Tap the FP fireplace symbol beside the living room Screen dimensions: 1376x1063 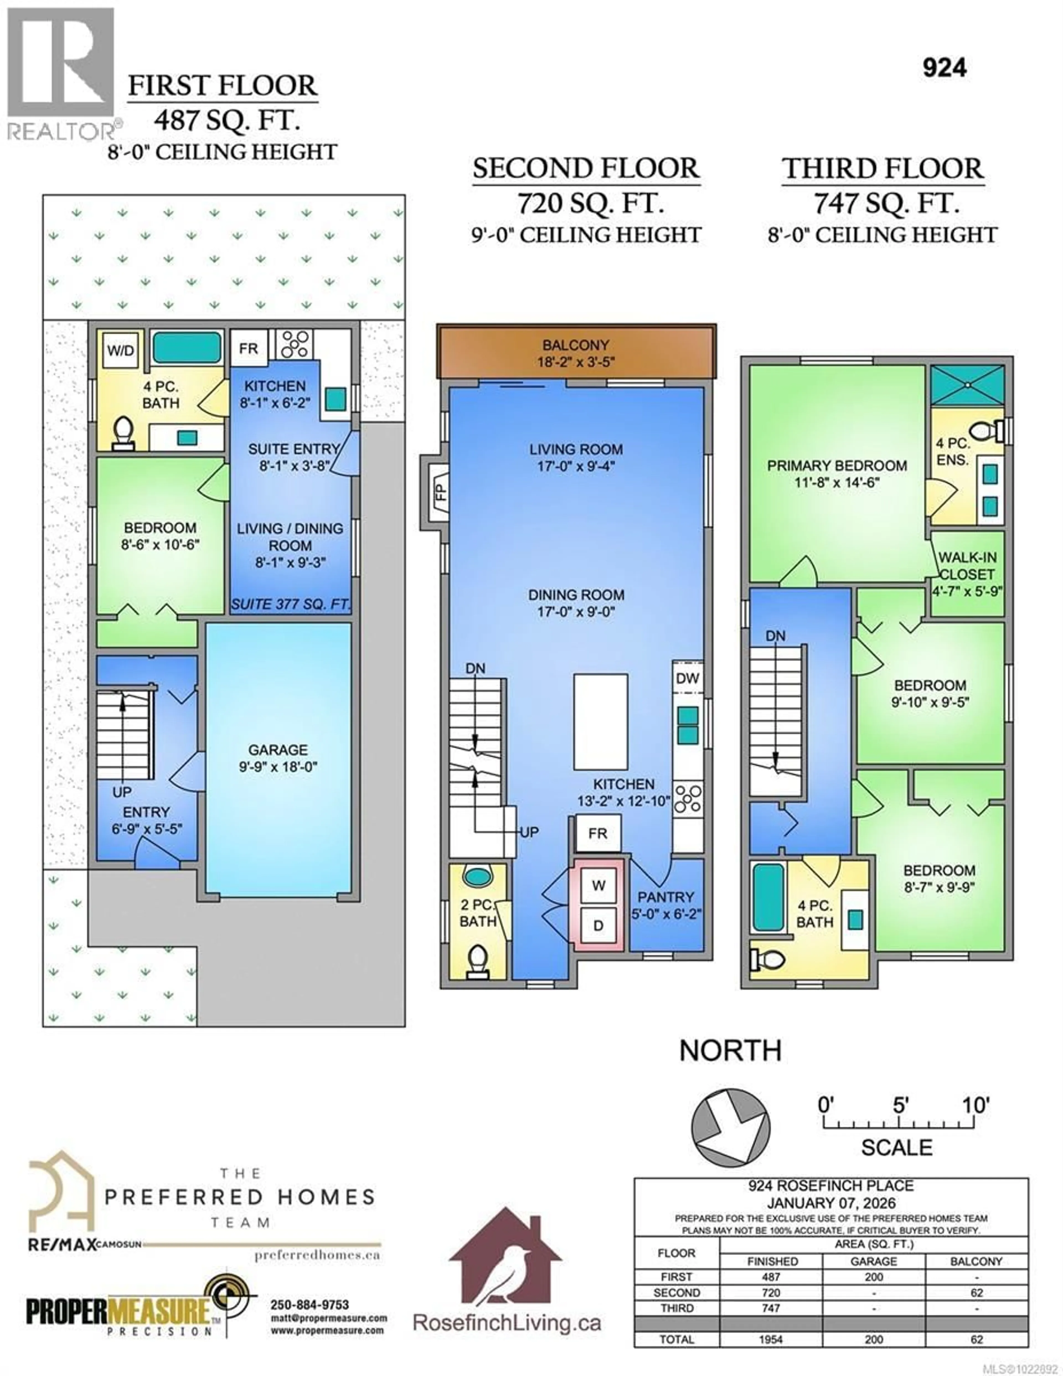[x=440, y=490]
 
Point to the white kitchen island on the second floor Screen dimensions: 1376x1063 [x=600, y=721]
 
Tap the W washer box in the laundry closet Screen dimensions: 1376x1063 [x=598, y=885]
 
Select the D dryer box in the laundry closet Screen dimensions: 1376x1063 [x=598, y=925]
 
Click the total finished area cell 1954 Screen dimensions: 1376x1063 [x=771, y=1339]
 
